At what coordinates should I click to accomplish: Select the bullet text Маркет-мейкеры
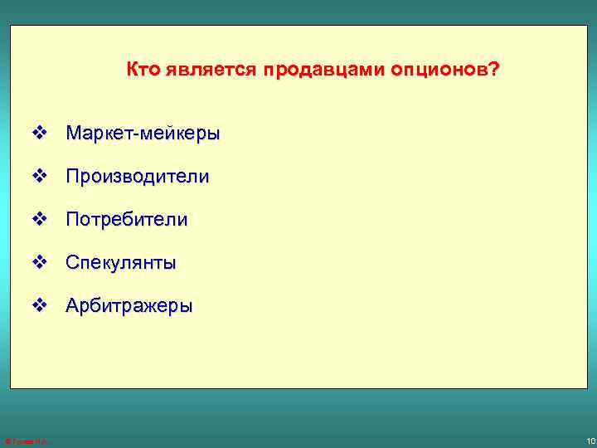[143, 133]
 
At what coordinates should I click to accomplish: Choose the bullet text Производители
[138, 177]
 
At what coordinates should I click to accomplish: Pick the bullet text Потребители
[127, 220]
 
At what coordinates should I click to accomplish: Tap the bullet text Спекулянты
[121, 263]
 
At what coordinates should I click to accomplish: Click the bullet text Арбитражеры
[129, 306]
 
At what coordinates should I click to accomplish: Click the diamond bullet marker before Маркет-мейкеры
[38, 133]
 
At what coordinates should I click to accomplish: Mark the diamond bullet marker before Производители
[38, 176]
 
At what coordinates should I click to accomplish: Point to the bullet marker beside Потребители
[38, 219]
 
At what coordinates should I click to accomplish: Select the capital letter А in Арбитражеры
[73, 306]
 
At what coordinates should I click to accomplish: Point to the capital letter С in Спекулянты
[73, 263]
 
